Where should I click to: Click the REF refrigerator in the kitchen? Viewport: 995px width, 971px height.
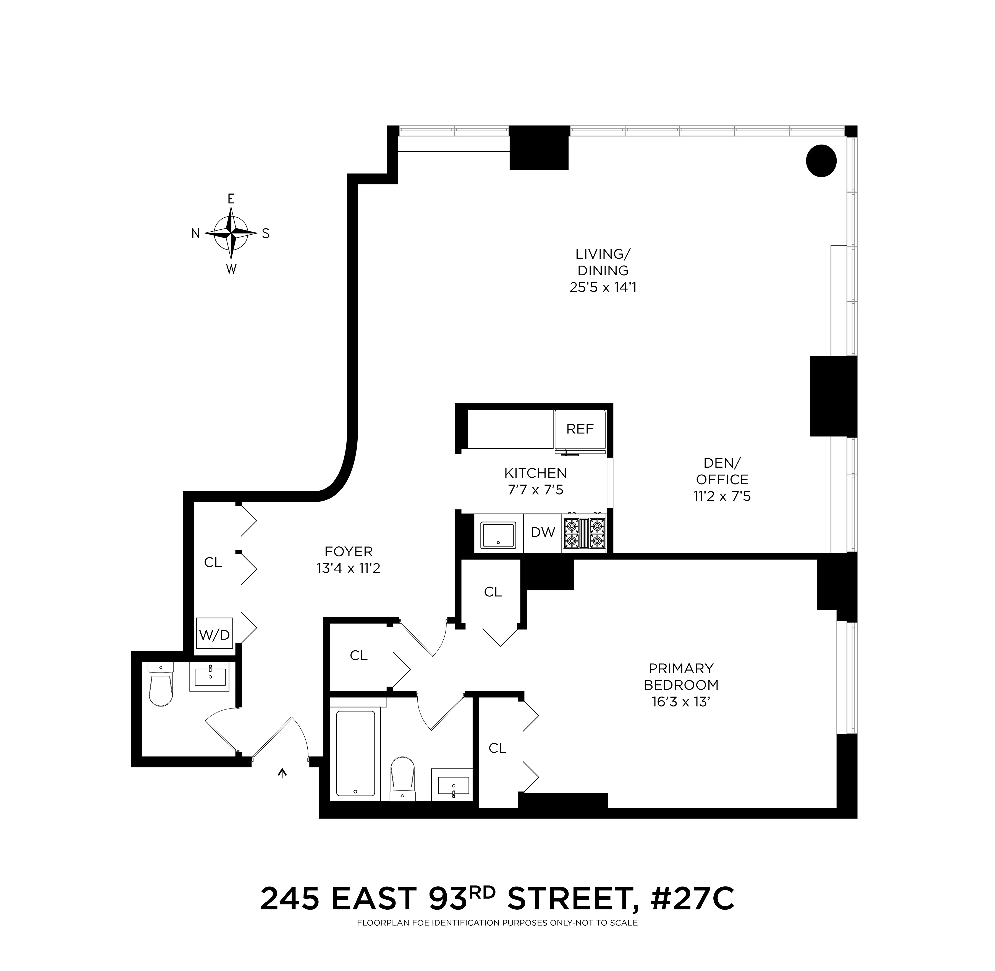tap(580, 429)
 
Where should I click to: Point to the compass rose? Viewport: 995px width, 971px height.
tap(231, 233)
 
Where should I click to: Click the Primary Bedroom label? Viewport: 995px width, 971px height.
tap(681, 676)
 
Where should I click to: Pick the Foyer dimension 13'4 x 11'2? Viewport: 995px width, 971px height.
tap(348, 568)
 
